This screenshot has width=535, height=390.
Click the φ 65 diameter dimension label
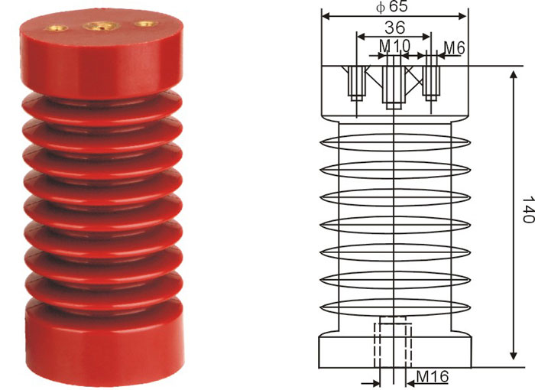pyautogui.click(x=392, y=7)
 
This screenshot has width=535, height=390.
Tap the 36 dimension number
pyautogui.click(x=395, y=28)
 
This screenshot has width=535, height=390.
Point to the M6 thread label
pyautogui.click(x=455, y=48)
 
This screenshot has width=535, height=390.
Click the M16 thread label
pyautogui.click(x=433, y=377)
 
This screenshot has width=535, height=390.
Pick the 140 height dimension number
pyautogui.click(x=528, y=210)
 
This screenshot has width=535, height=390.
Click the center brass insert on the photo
pyautogui.click(x=102, y=25)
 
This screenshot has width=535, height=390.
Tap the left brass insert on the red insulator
pyautogui.click(x=57, y=28)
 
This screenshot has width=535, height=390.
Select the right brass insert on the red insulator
pyautogui.click(x=147, y=24)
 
